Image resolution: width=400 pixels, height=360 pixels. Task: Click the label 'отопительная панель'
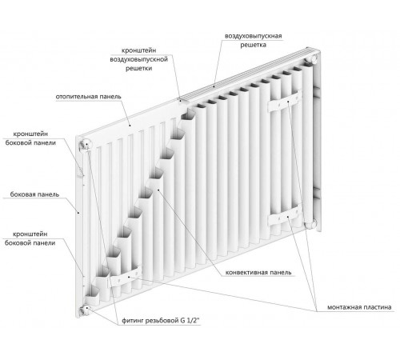88,97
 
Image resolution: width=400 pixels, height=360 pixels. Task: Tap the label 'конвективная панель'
258,273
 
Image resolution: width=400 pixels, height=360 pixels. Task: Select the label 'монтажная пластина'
359,307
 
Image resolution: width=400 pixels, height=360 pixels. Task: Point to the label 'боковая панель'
34,194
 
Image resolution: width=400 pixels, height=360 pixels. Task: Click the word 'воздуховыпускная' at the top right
253,36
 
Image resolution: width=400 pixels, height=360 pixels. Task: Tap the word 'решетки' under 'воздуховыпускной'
138,68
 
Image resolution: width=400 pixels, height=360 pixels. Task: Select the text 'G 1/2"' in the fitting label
190,320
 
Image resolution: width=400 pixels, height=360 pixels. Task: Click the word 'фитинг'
133,320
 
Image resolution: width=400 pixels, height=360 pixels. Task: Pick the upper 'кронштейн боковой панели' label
30,138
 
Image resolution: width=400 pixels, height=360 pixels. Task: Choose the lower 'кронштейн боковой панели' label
30,238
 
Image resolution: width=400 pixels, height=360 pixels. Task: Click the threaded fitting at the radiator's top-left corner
86,143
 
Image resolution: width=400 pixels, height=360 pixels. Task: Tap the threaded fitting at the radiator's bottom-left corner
85,310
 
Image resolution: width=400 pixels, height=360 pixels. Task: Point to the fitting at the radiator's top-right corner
311,59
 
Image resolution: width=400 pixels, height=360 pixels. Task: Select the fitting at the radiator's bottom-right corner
310,223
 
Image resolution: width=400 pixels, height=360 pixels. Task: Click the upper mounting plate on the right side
285,102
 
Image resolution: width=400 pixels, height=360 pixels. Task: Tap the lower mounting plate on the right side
284,216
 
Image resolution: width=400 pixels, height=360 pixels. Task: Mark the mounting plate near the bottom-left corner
124,278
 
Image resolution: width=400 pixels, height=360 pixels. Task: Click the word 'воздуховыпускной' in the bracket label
138,59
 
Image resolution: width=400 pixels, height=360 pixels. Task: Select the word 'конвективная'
246,273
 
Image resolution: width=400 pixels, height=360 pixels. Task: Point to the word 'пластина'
377,307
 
